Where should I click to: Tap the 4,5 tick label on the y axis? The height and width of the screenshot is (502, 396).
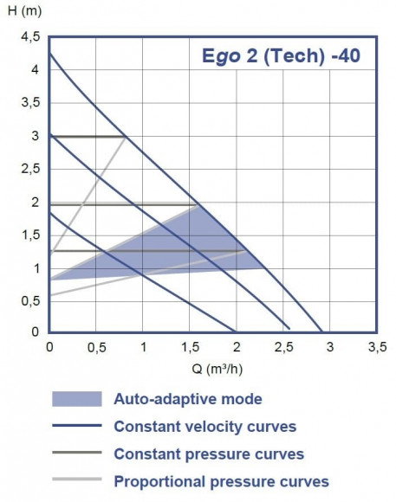click(30, 37)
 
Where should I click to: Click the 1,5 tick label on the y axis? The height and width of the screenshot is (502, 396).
click(30, 235)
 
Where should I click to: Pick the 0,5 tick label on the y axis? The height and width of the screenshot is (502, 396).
click(30, 300)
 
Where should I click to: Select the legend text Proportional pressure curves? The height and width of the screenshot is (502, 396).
click(221, 481)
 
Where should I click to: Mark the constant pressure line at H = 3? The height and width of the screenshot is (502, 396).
click(87, 136)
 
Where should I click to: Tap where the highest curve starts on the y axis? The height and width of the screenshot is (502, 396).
click(49, 54)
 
